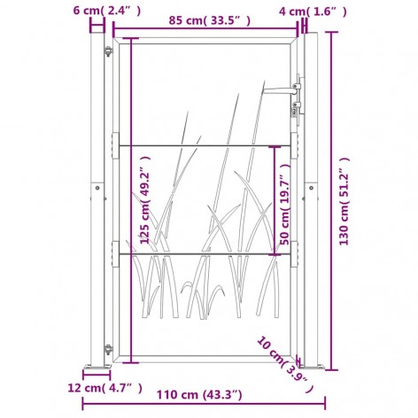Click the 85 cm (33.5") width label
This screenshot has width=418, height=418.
(x=210, y=20)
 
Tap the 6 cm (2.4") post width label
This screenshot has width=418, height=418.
(x=107, y=11)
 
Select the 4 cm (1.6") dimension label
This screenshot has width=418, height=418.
(x=313, y=12)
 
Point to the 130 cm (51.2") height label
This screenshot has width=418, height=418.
(x=344, y=201)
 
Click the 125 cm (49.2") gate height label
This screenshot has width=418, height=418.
(x=145, y=199)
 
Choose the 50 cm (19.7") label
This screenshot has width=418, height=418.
(x=285, y=204)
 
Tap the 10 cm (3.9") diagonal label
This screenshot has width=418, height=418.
(x=284, y=364)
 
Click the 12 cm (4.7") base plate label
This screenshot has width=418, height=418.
(x=105, y=388)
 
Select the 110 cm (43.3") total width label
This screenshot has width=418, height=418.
(x=199, y=394)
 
